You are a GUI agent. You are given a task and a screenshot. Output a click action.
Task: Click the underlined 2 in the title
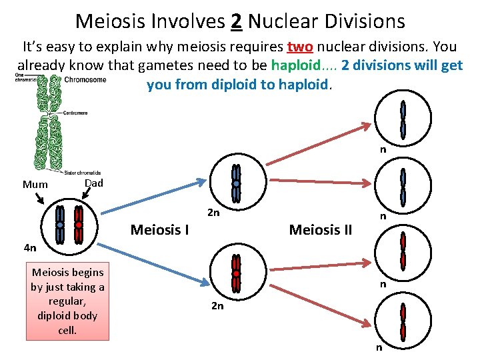(236, 21)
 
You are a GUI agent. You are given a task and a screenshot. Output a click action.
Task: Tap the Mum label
(35, 185)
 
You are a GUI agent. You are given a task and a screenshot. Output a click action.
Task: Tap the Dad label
(95, 183)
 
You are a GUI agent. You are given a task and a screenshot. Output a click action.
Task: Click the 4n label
(29, 249)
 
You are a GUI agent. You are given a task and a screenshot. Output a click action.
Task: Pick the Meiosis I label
(160, 231)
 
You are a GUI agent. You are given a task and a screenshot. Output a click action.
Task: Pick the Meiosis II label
(321, 231)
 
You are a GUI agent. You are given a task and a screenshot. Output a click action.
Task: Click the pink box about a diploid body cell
(68, 301)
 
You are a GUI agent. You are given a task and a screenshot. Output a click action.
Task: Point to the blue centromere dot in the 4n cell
(60, 225)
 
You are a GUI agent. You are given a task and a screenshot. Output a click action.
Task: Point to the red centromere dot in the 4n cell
(79, 225)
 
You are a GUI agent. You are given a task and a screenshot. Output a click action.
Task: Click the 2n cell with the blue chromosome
(236, 183)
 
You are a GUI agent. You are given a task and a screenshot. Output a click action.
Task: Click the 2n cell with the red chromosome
(236, 273)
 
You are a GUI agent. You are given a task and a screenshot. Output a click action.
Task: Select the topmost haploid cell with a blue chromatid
(403, 119)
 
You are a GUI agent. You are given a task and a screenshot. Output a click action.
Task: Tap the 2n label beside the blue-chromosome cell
(214, 214)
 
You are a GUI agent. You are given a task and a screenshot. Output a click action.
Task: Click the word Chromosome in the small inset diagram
(85, 80)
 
